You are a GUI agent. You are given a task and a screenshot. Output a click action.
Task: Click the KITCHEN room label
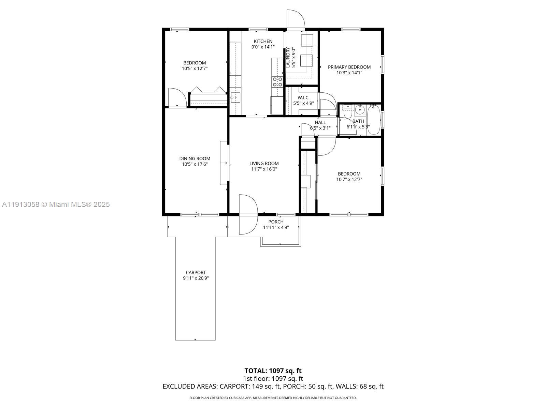point(263,41)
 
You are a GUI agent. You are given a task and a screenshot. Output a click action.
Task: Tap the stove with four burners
point(277,82)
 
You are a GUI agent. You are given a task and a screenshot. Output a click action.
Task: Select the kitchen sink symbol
point(235,97)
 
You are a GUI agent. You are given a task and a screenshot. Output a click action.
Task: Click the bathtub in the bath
point(374,120)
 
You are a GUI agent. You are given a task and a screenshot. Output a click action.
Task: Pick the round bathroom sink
point(359,110)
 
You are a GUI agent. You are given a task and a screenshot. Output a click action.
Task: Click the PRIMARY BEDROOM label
point(349,67)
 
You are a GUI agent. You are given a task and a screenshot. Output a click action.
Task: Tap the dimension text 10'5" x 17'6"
point(195,164)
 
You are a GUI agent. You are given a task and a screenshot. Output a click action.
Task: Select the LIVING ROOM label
point(264,163)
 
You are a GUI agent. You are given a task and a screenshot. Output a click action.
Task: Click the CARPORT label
point(196,272)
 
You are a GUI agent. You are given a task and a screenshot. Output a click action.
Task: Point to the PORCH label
point(276,222)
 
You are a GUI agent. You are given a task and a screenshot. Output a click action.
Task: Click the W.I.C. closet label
point(303,97)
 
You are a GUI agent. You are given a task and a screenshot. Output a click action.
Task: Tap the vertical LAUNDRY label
point(288,57)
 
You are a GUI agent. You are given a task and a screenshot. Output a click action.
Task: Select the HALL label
point(320,122)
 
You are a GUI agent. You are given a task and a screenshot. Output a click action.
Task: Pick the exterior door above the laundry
point(295,20)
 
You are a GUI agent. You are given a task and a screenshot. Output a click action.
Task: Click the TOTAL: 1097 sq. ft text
point(273,371)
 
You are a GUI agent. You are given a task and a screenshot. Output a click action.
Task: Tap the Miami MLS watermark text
point(56,204)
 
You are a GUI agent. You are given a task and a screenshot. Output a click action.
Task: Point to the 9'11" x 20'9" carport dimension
point(196,278)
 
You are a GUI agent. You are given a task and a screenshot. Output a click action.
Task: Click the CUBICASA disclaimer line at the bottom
point(273,398)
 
